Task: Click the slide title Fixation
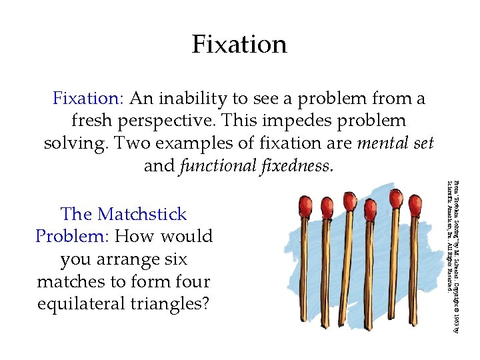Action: tap(239, 45)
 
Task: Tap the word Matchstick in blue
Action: tap(141, 215)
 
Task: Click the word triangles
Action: tap(169, 304)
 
